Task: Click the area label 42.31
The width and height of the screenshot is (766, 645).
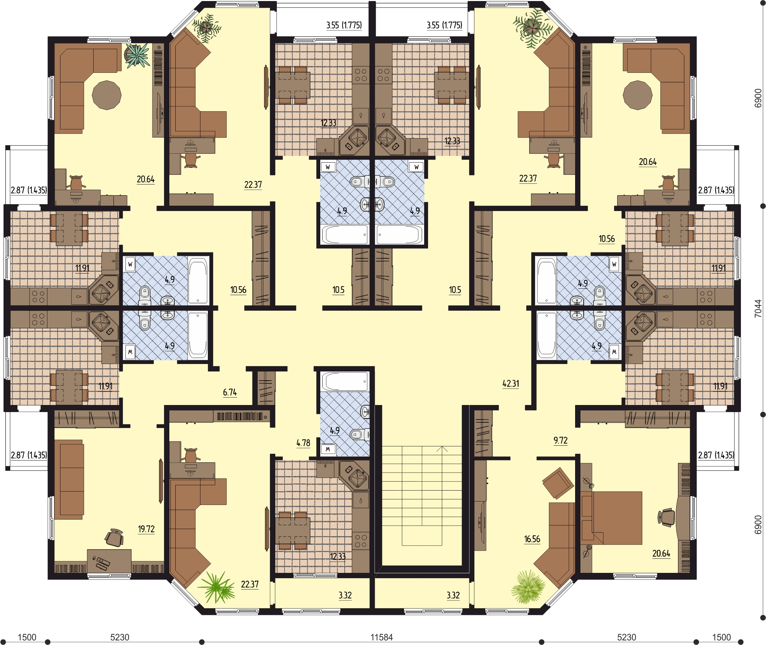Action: pyautogui.click(x=511, y=383)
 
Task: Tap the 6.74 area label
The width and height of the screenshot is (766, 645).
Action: pyautogui.click(x=230, y=392)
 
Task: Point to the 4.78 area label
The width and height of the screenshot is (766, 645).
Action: pyautogui.click(x=303, y=443)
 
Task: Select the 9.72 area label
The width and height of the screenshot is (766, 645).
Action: pyautogui.click(x=561, y=440)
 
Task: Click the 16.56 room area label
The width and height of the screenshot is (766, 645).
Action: pyautogui.click(x=532, y=539)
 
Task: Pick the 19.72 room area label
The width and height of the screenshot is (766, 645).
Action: pyautogui.click(x=146, y=529)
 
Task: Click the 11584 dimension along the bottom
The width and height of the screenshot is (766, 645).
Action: pyautogui.click(x=381, y=637)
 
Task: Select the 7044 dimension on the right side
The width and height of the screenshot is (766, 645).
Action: pyautogui.click(x=758, y=309)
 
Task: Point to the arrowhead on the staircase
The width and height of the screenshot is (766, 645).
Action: pyautogui.click(x=442, y=448)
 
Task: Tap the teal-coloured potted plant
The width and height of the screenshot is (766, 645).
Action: pyautogui.click(x=138, y=55)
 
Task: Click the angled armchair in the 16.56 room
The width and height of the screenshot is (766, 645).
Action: pyautogui.click(x=558, y=483)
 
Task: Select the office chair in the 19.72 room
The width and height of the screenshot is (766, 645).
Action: pyautogui.click(x=114, y=538)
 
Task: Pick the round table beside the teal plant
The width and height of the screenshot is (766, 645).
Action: pyautogui.click(x=106, y=95)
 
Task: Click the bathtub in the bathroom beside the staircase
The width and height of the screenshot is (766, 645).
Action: pyautogui.click(x=344, y=382)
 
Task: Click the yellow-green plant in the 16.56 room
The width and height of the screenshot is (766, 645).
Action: pyautogui.click(x=528, y=587)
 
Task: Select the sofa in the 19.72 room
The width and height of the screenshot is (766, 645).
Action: pyautogui.click(x=69, y=479)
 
